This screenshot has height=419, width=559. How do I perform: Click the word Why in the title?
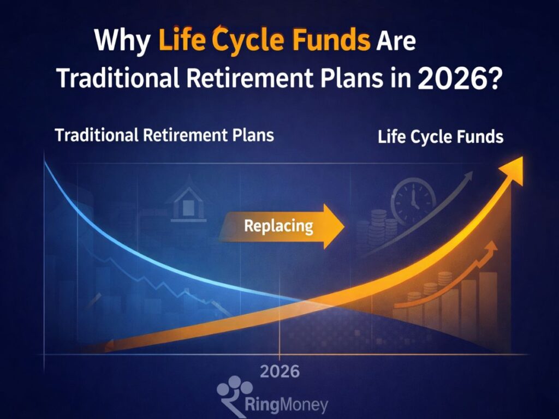coord(121,41)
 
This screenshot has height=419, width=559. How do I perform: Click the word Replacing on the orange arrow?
coord(278,225)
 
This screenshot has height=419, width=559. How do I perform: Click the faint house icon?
coord(188,203)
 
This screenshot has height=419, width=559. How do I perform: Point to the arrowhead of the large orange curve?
coord(513,166)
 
